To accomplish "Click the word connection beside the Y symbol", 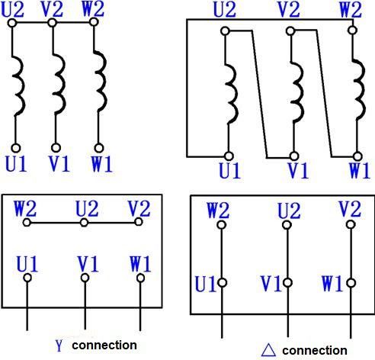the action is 104,346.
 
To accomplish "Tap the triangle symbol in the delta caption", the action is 268,350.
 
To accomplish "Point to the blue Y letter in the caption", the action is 59,346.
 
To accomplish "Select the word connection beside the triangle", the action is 315,351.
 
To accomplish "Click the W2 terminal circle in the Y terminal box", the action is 27,223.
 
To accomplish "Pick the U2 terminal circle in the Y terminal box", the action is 84,223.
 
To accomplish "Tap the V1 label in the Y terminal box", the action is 88,264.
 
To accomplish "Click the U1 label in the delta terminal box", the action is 205,284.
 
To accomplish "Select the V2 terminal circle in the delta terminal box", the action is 351,224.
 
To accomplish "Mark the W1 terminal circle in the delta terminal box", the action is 351,283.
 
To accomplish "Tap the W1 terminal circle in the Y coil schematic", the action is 99,148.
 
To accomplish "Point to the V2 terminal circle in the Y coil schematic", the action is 52,23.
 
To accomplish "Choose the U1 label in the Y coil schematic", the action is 16,163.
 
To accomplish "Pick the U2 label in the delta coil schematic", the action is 225,10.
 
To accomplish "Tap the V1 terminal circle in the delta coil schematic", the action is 294,156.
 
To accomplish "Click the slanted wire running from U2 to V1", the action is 259,94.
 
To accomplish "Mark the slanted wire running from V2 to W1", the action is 324,93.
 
